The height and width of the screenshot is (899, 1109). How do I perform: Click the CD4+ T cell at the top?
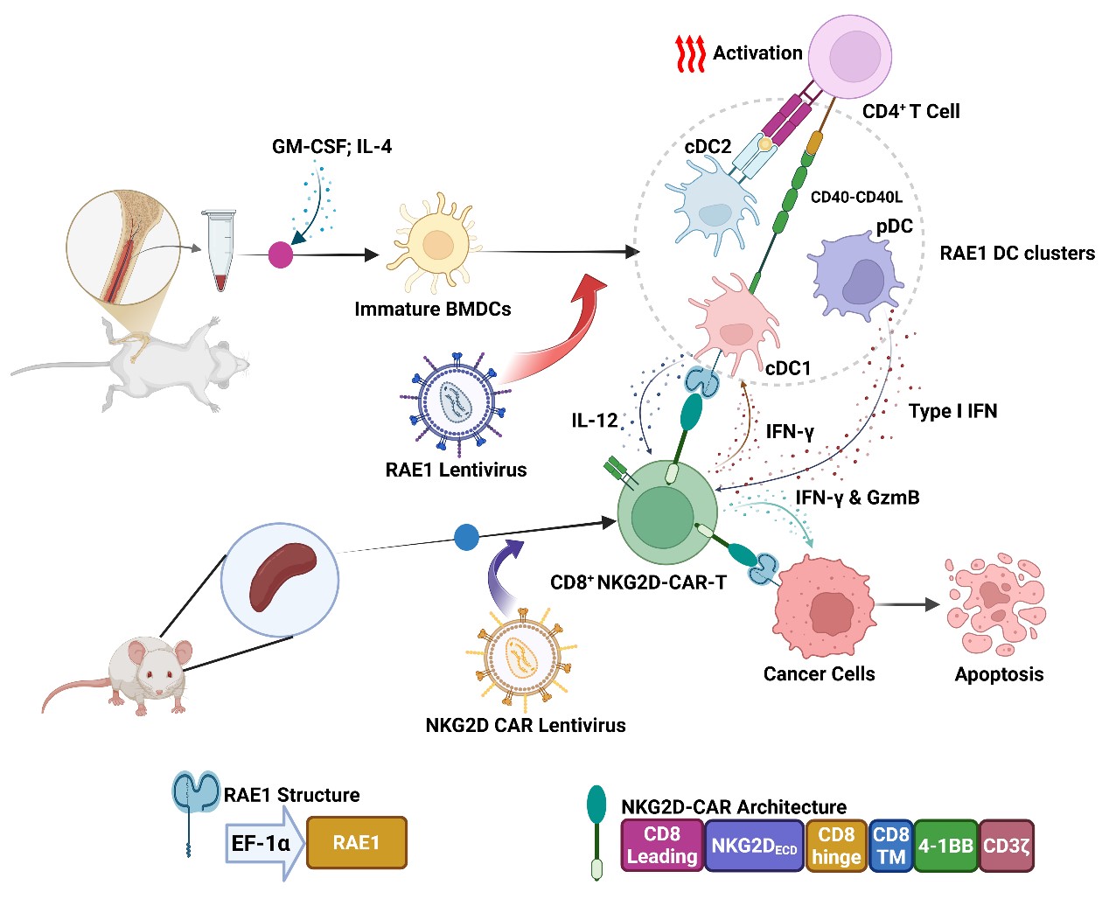(x=849, y=58)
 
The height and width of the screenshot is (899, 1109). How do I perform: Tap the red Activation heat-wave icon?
(x=690, y=54)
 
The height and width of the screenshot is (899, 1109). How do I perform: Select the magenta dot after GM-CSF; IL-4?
(x=280, y=254)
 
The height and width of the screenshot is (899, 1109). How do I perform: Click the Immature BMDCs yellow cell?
(x=436, y=245)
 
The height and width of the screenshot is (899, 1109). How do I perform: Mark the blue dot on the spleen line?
(x=467, y=536)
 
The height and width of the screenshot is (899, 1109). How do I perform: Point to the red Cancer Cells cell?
(x=823, y=607)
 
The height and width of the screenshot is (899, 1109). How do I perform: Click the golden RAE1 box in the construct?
(x=356, y=842)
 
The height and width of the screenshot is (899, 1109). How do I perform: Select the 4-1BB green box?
(x=945, y=846)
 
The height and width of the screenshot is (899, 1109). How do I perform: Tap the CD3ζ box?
(x=1007, y=846)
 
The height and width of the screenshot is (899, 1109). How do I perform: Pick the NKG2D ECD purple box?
(x=754, y=846)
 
